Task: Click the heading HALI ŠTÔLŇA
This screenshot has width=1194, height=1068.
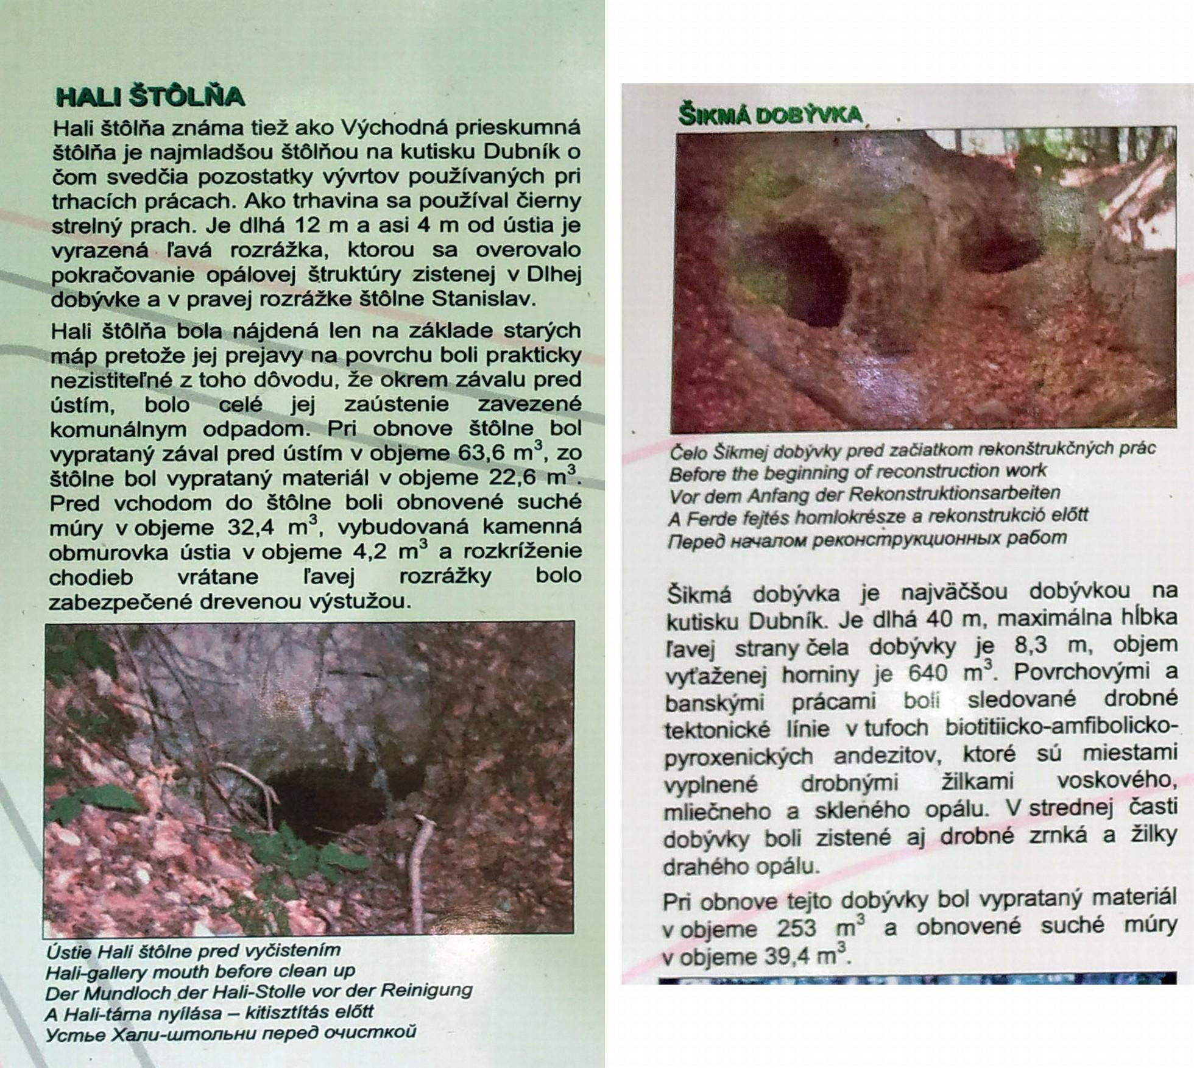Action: [x=150, y=97]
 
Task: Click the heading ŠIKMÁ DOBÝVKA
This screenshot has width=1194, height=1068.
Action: [x=771, y=115]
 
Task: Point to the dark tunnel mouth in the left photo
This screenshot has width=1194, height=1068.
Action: [x=317, y=804]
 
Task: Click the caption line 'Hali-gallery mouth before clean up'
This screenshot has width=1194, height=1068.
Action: [x=200, y=971]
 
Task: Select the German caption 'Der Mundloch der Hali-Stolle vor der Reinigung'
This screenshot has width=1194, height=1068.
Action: [x=259, y=991]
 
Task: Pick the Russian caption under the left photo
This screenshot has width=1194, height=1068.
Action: [x=231, y=1033]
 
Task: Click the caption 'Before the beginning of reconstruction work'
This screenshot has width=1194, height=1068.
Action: [x=857, y=472]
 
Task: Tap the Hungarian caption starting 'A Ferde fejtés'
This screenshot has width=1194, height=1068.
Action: [x=878, y=517]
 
